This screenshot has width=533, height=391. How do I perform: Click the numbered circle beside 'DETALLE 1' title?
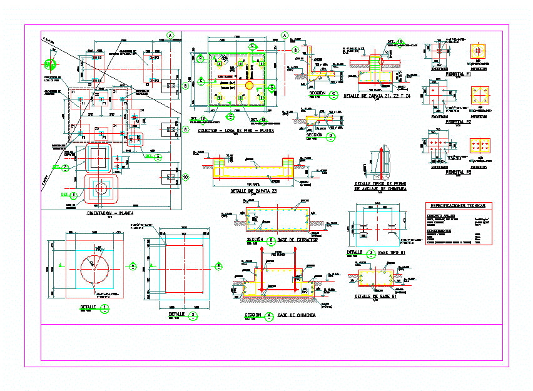(x=105, y=307)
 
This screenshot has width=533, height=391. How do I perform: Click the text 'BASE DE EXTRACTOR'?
(x=297, y=240)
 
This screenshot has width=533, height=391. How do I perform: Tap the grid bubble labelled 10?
(x=185, y=177)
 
